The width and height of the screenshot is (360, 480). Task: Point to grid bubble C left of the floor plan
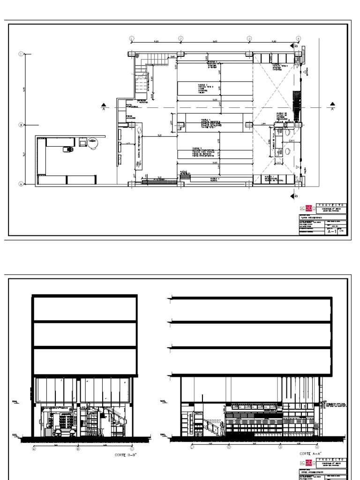21,54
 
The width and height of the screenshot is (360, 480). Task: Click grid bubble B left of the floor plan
21,125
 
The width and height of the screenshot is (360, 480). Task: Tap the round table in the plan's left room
93,142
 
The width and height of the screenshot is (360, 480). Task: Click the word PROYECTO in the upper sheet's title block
333,205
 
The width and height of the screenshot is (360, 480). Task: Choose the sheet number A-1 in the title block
331,231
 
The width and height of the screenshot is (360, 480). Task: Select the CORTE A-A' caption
310,454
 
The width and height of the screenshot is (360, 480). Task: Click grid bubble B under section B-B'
78,449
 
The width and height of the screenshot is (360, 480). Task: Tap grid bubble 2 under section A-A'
228,448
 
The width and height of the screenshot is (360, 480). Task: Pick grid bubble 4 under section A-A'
317,448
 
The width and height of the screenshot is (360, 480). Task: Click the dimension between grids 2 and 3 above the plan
215,41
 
